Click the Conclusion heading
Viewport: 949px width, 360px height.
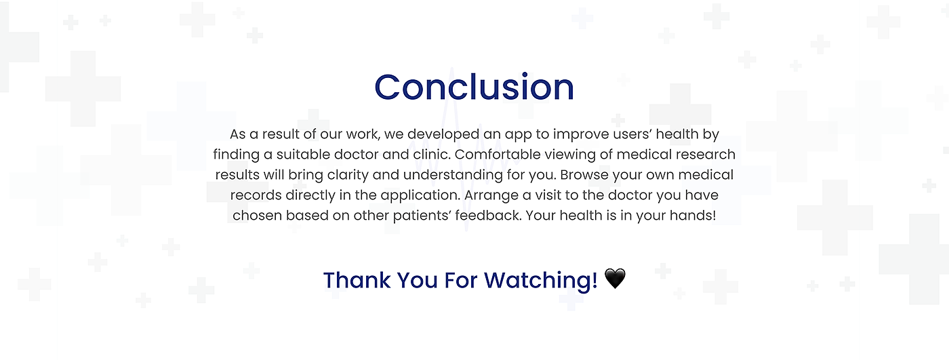click(474, 87)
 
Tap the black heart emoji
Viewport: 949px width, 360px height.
click(615, 279)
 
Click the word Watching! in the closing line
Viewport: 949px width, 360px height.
click(541, 281)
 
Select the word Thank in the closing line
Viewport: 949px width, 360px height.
click(357, 280)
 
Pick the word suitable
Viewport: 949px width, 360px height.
click(304, 154)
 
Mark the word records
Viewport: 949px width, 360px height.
click(256, 195)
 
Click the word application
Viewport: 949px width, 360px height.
click(420, 195)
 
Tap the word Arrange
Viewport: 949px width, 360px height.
click(491, 195)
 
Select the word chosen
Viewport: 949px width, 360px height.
click(257, 215)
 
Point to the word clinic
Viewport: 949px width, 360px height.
click(432, 154)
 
